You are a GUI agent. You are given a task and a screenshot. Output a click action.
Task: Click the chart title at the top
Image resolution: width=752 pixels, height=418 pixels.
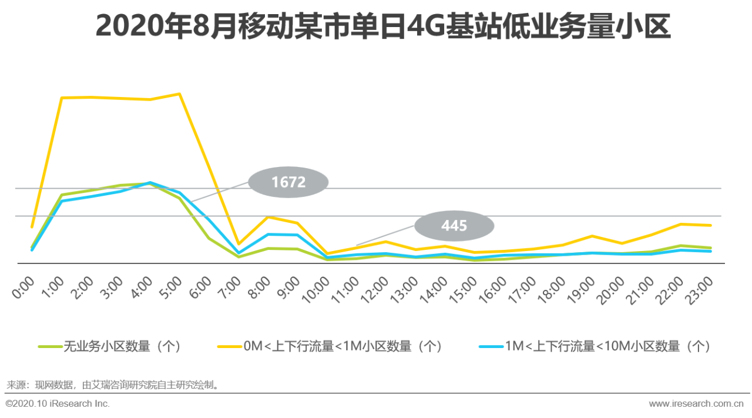point(382,26)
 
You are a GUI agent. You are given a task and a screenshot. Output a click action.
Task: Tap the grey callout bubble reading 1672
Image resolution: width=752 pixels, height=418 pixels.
point(288,182)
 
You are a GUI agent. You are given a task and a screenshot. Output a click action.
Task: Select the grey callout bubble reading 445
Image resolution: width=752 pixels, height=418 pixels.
point(454,226)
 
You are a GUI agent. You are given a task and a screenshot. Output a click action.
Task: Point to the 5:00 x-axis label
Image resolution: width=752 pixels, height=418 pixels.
point(172,288)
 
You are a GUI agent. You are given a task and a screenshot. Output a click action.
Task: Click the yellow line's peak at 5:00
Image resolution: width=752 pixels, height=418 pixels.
point(179,94)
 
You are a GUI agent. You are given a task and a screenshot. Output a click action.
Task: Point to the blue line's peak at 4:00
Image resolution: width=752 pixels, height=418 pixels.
point(150,183)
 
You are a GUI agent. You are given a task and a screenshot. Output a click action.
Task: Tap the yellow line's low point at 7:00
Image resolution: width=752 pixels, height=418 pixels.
point(238,243)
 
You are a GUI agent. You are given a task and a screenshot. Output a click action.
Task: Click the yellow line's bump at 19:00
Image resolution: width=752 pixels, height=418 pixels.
point(592,236)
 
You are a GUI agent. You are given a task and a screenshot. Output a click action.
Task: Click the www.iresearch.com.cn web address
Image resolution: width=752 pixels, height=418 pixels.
point(696,404)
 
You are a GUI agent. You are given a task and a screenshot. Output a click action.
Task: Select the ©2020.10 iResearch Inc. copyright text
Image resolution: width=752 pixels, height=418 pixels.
point(58,404)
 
